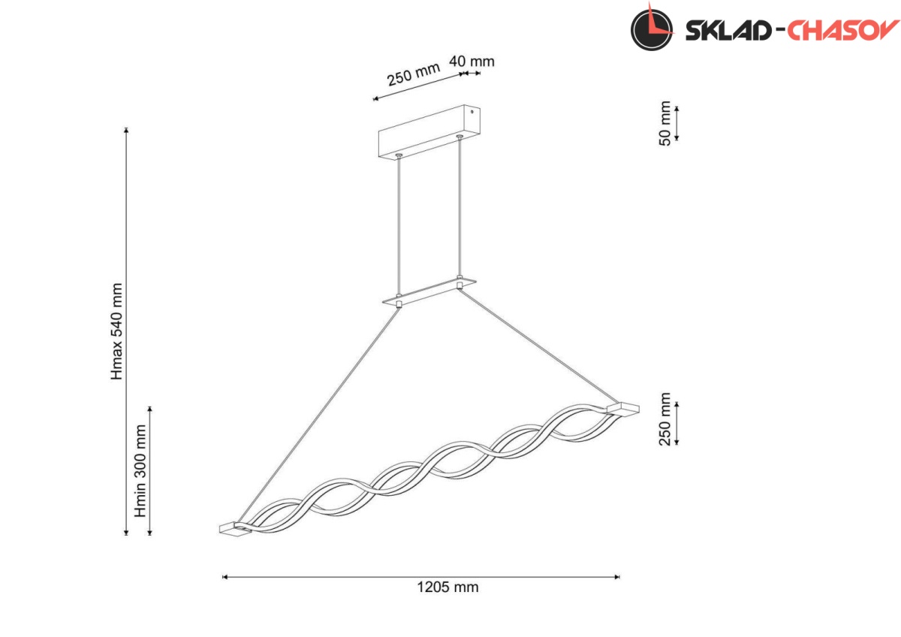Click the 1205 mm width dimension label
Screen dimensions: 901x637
447,587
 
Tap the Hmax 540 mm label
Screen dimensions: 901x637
116,331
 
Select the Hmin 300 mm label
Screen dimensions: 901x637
140,471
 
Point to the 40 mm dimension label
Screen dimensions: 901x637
472,62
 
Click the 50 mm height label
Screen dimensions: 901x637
665,123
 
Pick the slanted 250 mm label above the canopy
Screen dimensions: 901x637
414,74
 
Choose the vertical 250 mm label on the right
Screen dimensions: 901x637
665,419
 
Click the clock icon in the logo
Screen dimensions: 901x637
652,29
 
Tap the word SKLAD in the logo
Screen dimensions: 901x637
728,31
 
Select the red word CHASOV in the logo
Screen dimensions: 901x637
843,30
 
